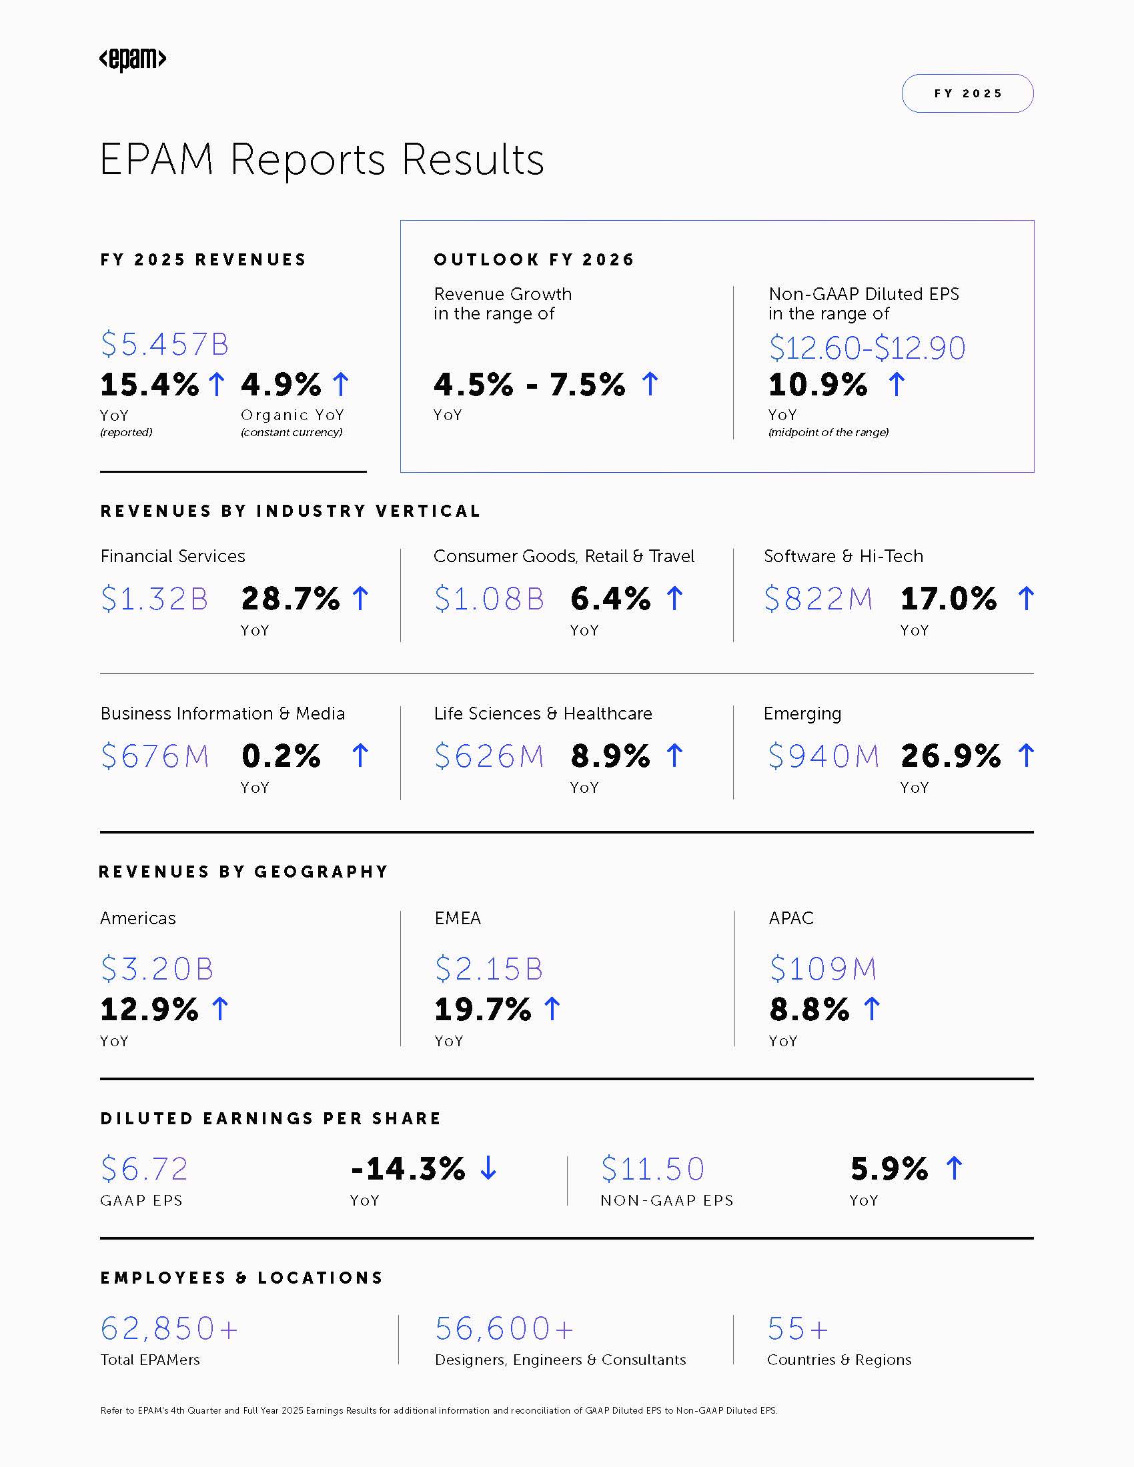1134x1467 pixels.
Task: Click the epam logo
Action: (x=132, y=59)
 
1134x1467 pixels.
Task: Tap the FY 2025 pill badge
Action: (x=967, y=93)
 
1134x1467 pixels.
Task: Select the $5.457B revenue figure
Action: (x=165, y=344)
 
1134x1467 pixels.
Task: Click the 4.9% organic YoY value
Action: (x=281, y=385)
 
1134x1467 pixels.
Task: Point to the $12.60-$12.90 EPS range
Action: (x=867, y=348)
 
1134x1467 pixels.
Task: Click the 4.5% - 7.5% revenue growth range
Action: (x=530, y=385)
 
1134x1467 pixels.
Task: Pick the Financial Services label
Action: (x=173, y=556)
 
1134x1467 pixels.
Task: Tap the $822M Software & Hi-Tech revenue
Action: (x=818, y=599)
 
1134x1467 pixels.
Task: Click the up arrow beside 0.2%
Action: (x=360, y=756)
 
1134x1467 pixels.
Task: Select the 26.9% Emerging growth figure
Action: (x=950, y=756)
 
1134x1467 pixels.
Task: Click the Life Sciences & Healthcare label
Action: (x=543, y=713)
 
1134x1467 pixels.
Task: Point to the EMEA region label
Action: (x=458, y=918)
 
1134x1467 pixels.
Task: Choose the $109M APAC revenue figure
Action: (x=823, y=969)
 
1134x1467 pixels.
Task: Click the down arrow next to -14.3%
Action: (x=488, y=1168)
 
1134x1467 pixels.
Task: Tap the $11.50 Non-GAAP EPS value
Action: (x=652, y=1169)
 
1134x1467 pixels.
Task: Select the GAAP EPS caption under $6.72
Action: (x=141, y=1200)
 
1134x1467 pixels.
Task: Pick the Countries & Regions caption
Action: (x=839, y=1360)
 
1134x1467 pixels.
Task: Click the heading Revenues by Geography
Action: (x=243, y=872)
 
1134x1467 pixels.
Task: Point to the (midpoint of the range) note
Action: (x=828, y=432)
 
